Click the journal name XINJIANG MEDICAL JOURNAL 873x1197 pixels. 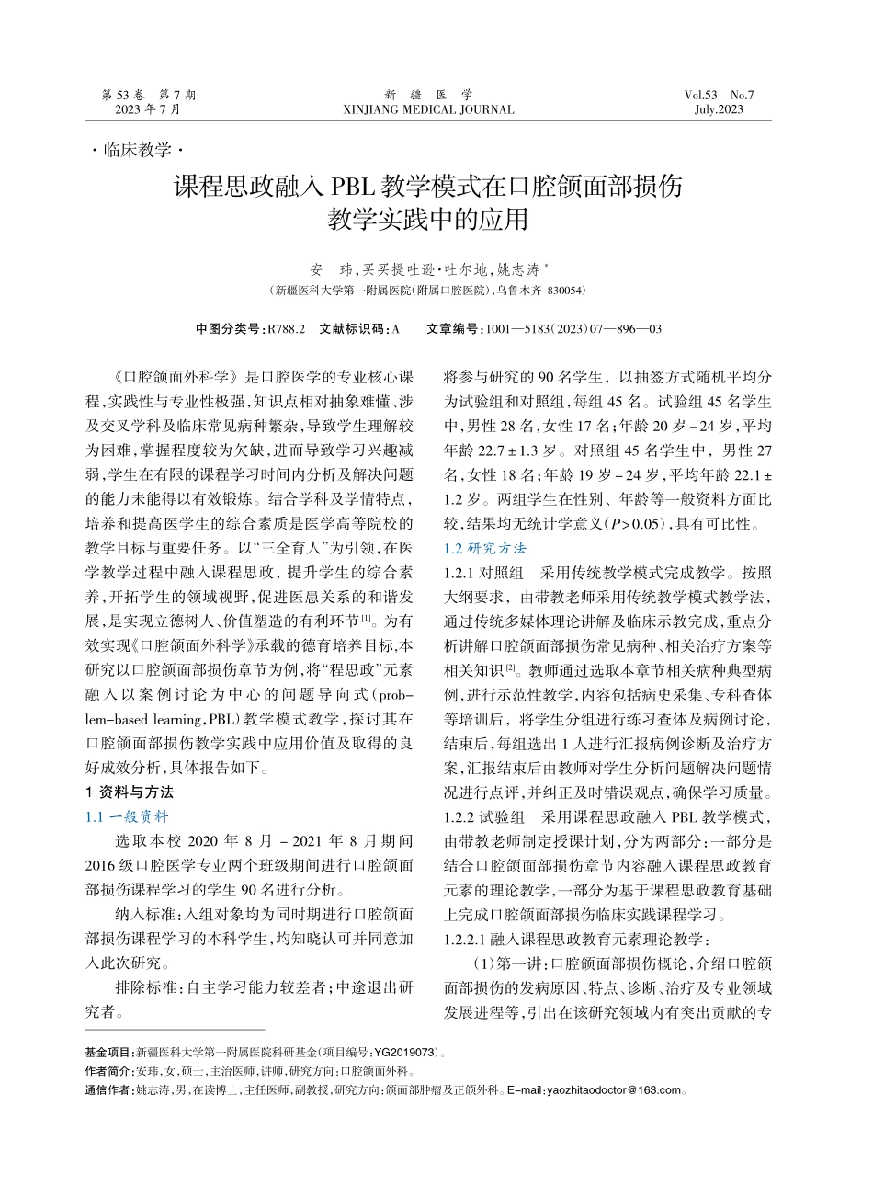point(428,109)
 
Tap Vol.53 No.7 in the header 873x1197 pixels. point(719,95)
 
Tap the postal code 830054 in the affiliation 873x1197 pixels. point(566,291)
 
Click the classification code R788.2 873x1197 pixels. point(286,328)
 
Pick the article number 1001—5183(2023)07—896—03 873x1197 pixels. point(571,328)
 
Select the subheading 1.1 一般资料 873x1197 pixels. point(128,815)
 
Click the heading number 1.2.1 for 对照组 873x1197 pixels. point(459,572)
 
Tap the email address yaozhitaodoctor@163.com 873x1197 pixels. point(615,1091)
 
